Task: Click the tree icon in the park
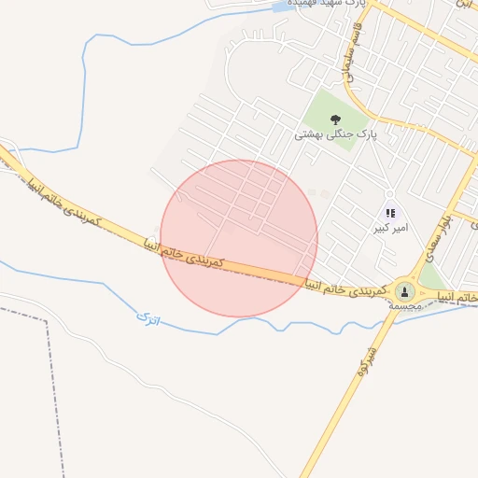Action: point(335,119)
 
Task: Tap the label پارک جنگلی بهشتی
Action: point(335,134)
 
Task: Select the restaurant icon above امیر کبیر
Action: point(390,213)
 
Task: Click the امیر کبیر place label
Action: point(389,228)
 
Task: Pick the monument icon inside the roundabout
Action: point(404,290)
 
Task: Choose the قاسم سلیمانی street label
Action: point(355,50)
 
